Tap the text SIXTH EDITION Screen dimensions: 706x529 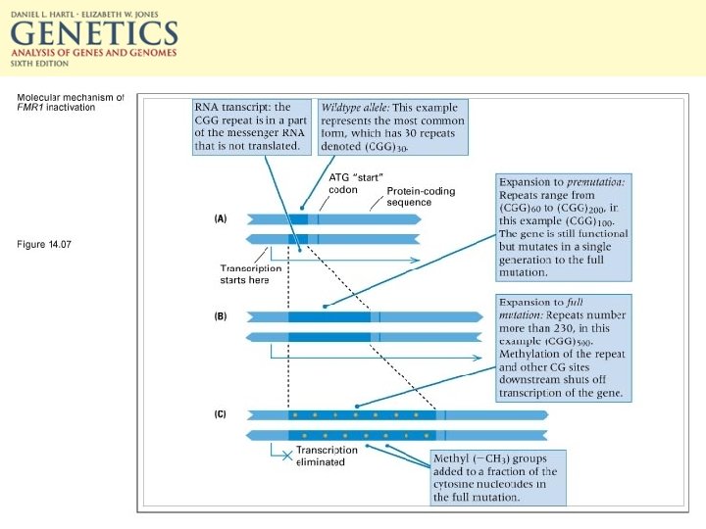tap(40, 65)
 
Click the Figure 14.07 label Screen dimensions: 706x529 tap(45, 244)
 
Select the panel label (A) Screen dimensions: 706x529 tap(221, 218)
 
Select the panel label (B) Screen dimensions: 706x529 tap(221, 316)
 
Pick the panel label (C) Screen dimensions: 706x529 tap(221, 414)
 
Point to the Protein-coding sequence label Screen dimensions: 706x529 tap(421, 197)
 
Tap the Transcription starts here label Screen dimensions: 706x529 tap(250, 274)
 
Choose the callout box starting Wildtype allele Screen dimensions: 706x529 tap(393, 126)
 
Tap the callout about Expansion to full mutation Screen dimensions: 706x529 tap(563, 348)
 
